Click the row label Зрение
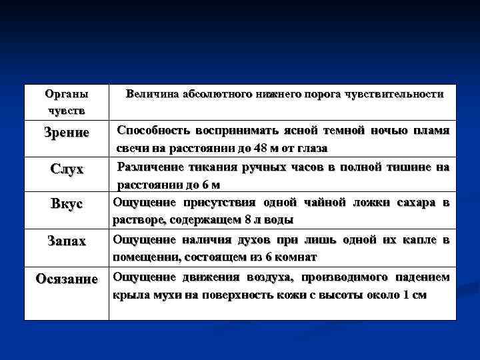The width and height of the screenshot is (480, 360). (x=66, y=132)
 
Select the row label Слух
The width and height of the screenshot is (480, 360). (x=67, y=169)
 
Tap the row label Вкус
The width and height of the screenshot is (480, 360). (x=66, y=204)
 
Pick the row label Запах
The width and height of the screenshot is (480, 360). (x=66, y=241)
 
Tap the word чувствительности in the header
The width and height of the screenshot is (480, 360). (x=394, y=95)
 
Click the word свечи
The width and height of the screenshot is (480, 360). (x=134, y=147)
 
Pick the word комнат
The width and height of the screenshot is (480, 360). (x=296, y=257)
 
